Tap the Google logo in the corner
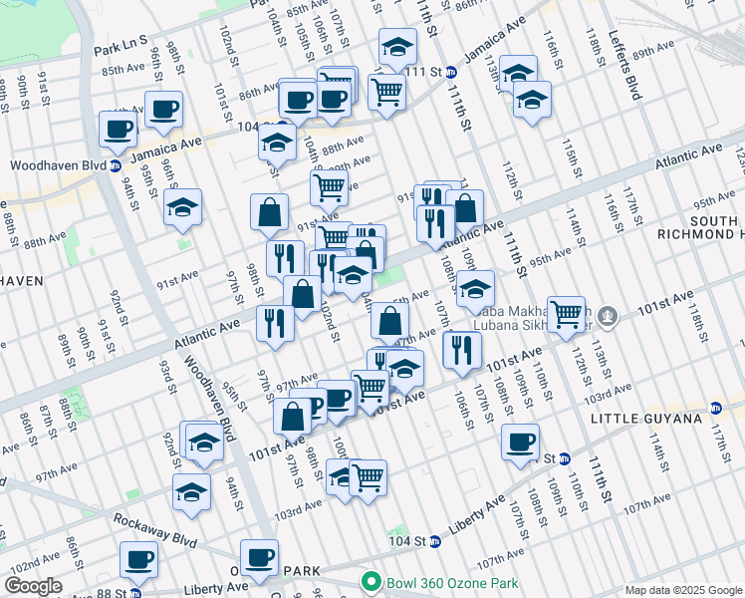(x=32, y=586)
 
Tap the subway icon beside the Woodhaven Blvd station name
(x=116, y=165)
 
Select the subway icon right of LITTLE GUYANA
(x=715, y=408)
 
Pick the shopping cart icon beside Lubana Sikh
(x=567, y=313)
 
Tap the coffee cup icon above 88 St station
(x=138, y=559)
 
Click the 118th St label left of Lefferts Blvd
(x=595, y=45)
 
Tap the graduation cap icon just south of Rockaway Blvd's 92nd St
(x=191, y=490)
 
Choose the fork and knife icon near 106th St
(x=461, y=349)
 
